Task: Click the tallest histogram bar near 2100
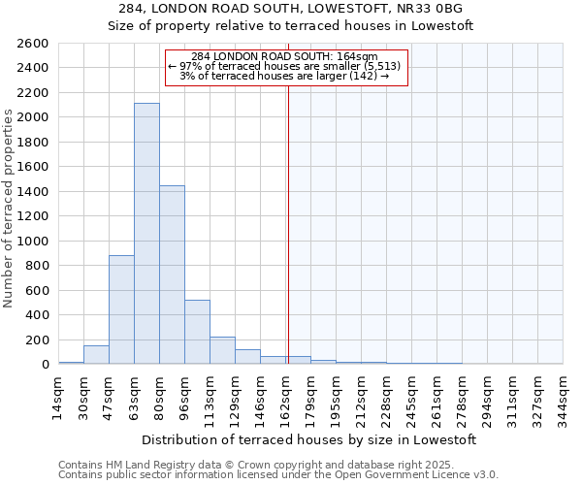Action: (x=146, y=234)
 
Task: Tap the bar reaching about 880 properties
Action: (x=121, y=309)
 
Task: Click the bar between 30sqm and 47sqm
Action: (x=96, y=355)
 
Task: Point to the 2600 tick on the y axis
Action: (x=34, y=44)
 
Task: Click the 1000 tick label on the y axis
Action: (x=34, y=241)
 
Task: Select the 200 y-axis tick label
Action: (x=38, y=339)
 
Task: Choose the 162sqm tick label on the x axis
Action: (x=285, y=396)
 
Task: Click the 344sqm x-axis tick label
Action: (x=563, y=396)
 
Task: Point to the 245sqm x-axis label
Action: (x=411, y=396)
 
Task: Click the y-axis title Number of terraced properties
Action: (x=10, y=209)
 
